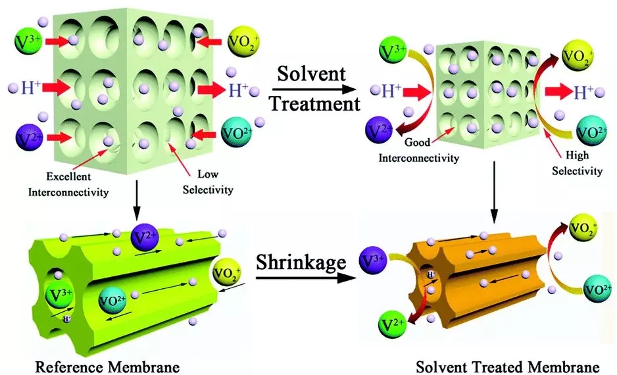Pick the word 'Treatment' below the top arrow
point(317,103)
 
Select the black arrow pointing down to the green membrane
point(135,201)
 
